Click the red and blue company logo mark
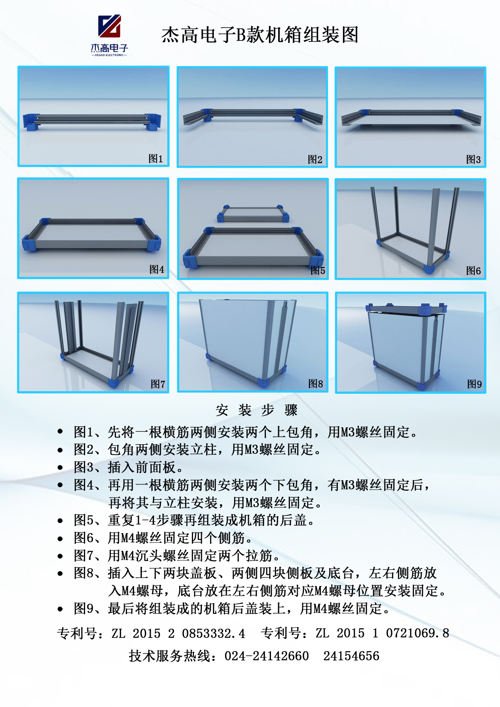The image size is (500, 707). [x=109, y=26]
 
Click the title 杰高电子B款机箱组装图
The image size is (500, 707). [x=260, y=34]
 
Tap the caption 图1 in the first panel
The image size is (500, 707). [x=156, y=158]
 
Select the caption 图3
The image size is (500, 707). [x=473, y=160]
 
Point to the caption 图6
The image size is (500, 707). [x=473, y=270]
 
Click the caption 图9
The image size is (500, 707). [x=474, y=384]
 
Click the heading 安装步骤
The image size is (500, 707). [x=257, y=410]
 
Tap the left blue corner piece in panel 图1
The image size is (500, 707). [x=31, y=122]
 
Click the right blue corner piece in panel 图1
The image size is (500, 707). [x=153, y=122]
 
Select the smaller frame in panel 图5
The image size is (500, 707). [x=253, y=214]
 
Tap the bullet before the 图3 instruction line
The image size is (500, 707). [x=60, y=468]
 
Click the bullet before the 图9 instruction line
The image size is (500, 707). [x=60, y=609]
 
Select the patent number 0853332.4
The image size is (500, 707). [x=213, y=633]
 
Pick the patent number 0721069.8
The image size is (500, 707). [x=417, y=633]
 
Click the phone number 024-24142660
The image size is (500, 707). [x=267, y=656]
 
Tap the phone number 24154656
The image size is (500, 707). [x=351, y=656]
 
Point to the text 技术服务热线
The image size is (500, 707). [x=169, y=656]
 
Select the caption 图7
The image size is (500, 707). [x=158, y=384]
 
